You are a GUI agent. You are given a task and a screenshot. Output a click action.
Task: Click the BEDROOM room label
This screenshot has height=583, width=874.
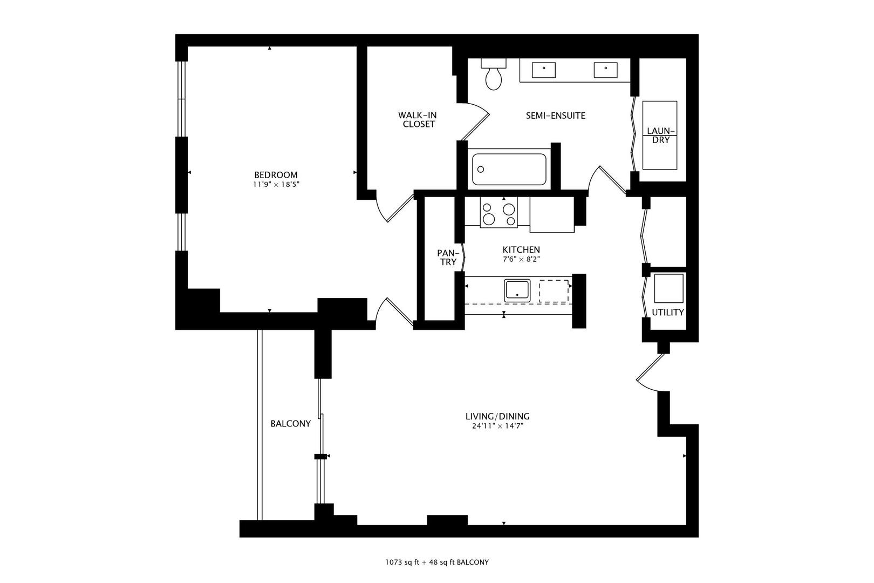(276, 175)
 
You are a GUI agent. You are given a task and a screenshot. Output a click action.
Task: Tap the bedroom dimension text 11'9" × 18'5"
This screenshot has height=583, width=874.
(276, 185)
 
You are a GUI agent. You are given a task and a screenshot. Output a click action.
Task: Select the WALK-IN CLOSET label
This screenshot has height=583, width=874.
(417, 119)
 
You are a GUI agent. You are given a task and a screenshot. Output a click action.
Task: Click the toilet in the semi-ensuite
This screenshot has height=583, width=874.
(493, 76)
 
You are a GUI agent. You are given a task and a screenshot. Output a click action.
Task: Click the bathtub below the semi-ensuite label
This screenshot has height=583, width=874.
(509, 170)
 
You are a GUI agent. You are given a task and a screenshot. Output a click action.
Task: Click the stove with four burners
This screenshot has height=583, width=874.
(498, 213)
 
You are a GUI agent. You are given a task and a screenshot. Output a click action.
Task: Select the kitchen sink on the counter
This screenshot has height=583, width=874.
(517, 290)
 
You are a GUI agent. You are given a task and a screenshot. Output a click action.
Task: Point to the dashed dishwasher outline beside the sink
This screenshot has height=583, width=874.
(554, 291)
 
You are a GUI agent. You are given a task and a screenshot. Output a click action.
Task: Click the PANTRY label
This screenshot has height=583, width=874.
(448, 257)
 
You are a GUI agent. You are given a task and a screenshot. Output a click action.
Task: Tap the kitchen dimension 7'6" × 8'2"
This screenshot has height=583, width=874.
(521, 259)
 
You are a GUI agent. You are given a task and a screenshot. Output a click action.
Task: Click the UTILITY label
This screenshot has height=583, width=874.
(667, 312)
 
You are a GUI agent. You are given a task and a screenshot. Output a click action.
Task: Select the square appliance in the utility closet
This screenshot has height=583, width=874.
(668, 288)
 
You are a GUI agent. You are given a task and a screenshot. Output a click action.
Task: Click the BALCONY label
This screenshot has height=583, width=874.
(290, 424)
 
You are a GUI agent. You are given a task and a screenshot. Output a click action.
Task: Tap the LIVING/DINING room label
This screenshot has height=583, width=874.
(497, 416)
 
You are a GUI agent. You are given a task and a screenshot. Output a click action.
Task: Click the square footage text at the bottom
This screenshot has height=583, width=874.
(436, 562)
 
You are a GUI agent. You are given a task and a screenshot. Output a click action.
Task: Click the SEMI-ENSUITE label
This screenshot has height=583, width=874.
(555, 116)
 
